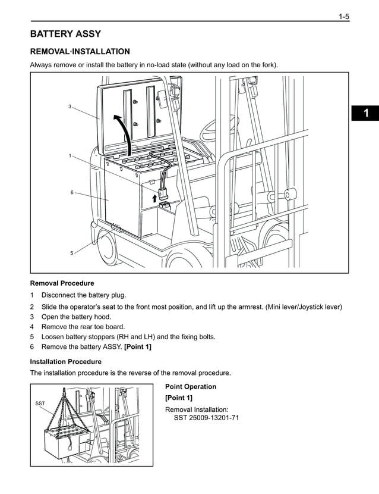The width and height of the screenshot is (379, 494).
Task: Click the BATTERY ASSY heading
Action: click(65, 34)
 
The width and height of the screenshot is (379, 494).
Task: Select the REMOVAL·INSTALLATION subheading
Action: click(80, 52)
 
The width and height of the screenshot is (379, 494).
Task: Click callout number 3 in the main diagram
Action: click(70, 107)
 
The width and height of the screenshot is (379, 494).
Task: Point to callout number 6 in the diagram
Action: click(71, 193)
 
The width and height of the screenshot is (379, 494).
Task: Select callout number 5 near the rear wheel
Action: click(71, 253)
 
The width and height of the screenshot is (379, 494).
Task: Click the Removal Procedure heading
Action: click(62, 283)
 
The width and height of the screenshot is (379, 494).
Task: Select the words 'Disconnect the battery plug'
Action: click(84, 295)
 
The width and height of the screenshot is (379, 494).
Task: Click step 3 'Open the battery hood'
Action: click(76, 317)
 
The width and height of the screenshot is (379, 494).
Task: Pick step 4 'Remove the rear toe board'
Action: click(83, 327)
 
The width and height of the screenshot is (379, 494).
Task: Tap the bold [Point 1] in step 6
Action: click(137, 347)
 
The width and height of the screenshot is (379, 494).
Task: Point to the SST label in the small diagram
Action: click(40, 404)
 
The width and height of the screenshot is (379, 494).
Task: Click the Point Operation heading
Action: click(191, 387)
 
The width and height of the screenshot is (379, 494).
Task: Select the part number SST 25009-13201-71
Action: click(206, 418)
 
